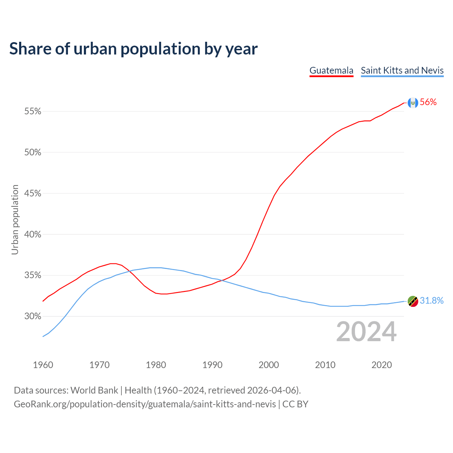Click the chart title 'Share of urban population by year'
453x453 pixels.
[x=133, y=49]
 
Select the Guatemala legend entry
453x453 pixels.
[x=331, y=70]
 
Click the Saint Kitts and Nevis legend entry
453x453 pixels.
[x=402, y=70]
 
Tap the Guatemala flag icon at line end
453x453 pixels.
[x=413, y=103]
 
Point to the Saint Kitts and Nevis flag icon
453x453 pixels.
[x=413, y=301]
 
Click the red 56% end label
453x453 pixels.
[x=428, y=102]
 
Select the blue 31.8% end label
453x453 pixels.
[x=431, y=301]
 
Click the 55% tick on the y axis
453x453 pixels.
[x=33, y=111]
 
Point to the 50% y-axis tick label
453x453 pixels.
[x=33, y=153]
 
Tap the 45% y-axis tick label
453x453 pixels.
[x=33, y=194]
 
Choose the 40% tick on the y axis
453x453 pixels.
[x=33, y=234]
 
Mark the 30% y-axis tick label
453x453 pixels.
[x=33, y=316]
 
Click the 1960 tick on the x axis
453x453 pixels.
[x=43, y=365]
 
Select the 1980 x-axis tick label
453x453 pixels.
[x=156, y=365]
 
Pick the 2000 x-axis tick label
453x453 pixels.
[x=269, y=365]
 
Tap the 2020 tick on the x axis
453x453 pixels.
[x=382, y=365]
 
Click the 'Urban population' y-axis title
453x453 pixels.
[x=15, y=219]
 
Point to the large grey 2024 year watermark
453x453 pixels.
[x=366, y=332]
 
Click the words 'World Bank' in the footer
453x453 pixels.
[x=94, y=390]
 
